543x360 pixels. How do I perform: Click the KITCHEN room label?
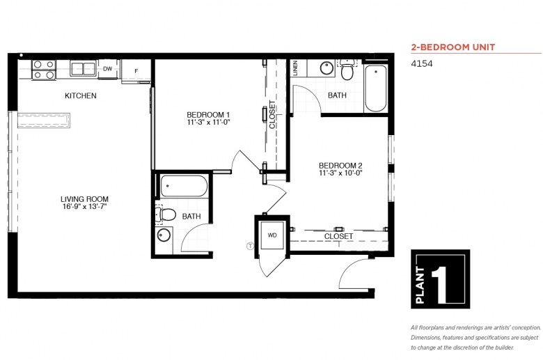[x=80, y=95]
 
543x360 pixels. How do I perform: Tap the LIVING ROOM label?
[x=84, y=199]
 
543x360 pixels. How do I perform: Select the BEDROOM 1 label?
[x=208, y=115]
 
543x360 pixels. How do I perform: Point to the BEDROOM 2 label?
[x=340, y=166]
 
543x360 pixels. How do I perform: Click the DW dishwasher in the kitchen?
[x=108, y=69]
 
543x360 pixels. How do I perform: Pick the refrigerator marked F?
[x=136, y=71]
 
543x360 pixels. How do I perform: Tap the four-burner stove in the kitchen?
[x=44, y=70]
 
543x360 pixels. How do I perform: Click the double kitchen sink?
[x=83, y=68]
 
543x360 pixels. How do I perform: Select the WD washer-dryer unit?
[x=272, y=235]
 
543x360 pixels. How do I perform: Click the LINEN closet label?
[x=295, y=68]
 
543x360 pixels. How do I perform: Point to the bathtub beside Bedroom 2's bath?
[x=376, y=88]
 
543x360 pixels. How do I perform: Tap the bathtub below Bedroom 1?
[x=184, y=186]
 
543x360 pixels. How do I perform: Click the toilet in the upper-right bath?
[x=347, y=69]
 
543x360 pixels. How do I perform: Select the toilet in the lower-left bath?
[x=166, y=215]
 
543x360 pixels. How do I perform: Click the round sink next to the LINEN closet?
[x=326, y=68]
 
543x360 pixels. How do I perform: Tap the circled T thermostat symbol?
[x=250, y=246]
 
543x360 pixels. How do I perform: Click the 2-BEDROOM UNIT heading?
[x=453, y=47]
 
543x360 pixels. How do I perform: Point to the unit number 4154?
[x=422, y=64]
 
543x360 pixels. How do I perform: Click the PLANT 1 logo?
[x=441, y=279]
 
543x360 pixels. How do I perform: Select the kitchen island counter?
[x=44, y=120]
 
